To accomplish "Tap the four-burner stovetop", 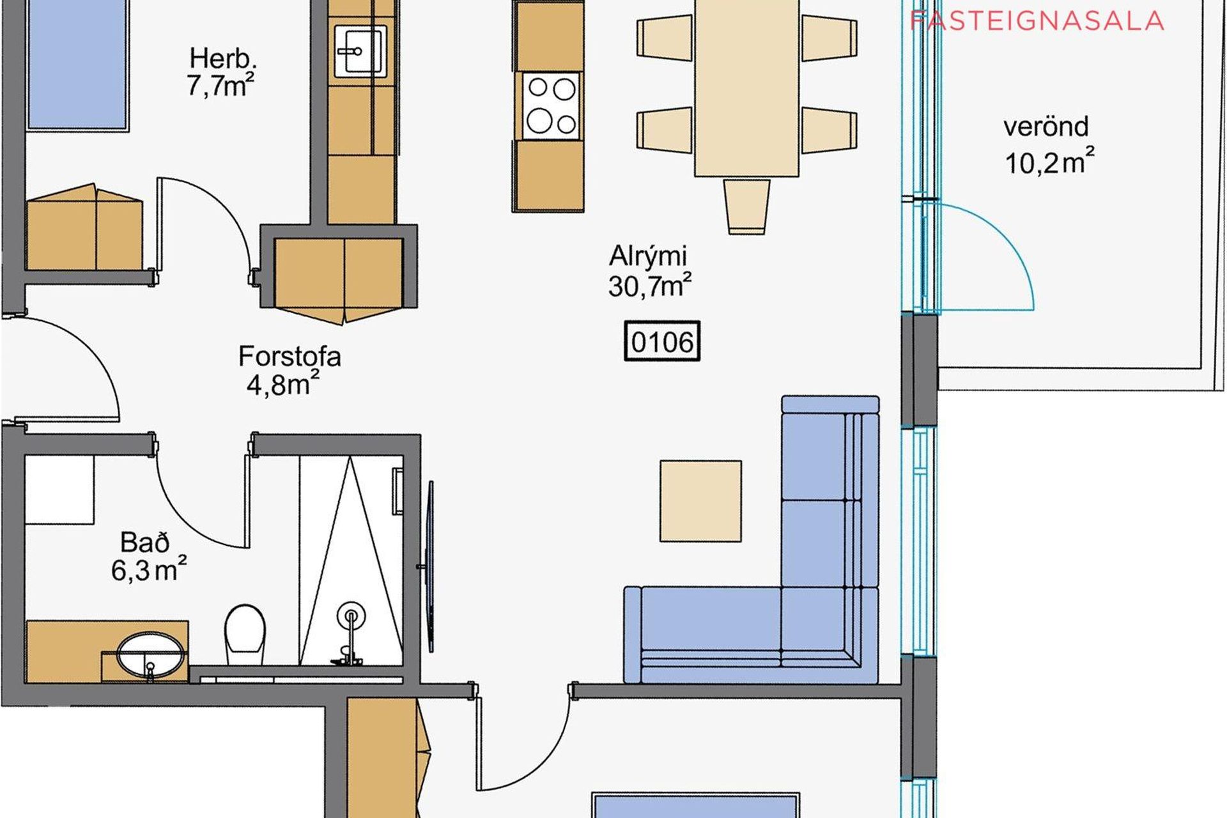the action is (551, 105).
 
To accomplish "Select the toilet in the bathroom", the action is (245, 635).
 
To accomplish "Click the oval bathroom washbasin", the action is (151, 656).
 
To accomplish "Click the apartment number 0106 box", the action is (662, 341).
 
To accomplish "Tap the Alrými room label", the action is (648, 256).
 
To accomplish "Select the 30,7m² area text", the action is (650, 286).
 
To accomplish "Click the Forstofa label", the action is (289, 356).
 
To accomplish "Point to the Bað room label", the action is (145, 543).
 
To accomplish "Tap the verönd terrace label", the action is (1046, 127).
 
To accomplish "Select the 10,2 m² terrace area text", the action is (1049, 162).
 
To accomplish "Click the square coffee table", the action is (701, 501).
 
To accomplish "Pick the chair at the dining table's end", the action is (746, 206).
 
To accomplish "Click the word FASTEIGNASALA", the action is (1037, 21).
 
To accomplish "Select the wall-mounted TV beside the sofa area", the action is (429, 566).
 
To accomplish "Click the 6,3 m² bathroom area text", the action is (149, 569).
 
